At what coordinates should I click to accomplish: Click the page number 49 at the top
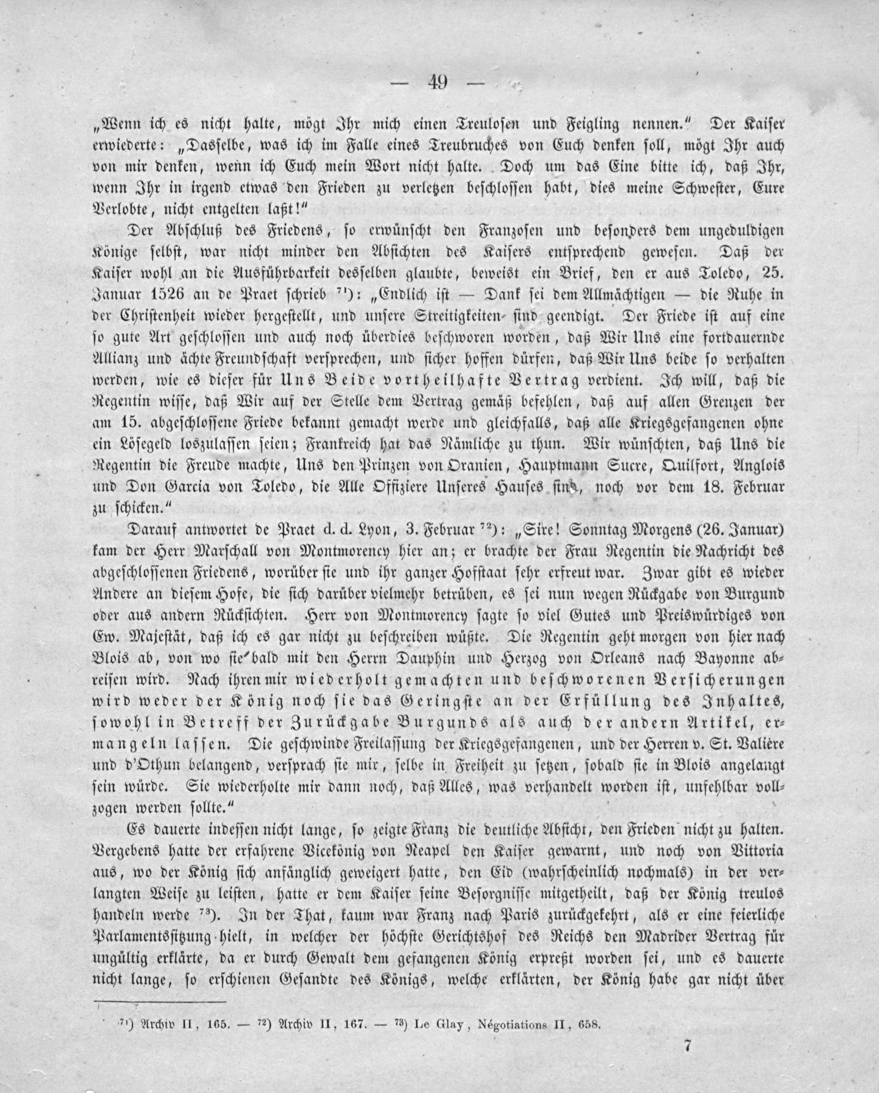tap(437, 82)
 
